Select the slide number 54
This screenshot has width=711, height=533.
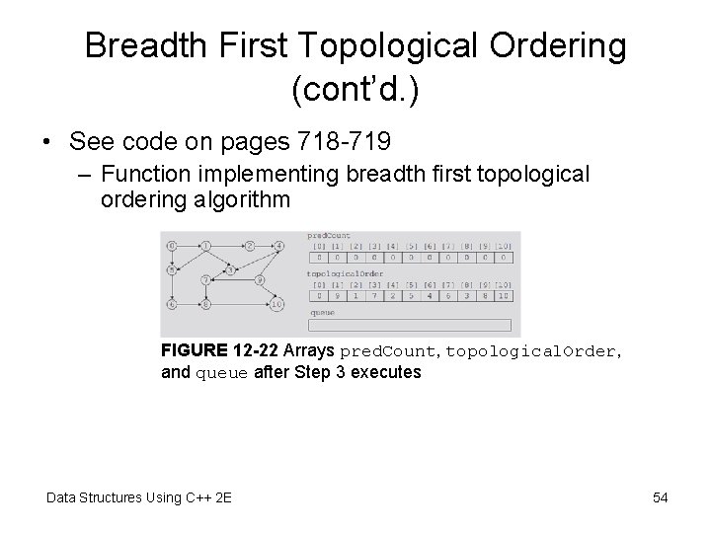pyautogui.click(x=661, y=497)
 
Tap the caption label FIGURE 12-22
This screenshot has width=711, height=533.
pyautogui.click(x=219, y=351)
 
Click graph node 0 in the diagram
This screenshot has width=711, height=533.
pyautogui.click(x=173, y=245)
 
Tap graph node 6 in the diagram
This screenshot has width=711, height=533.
pyautogui.click(x=173, y=305)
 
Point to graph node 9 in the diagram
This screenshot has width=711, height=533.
pyautogui.click(x=259, y=280)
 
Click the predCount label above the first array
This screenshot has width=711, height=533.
pyautogui.click(x=330, y=236)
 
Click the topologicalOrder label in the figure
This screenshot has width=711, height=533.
pyautogui.click(x=346, y=272)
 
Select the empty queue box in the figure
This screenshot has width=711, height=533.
pyautogui.click(x=410, y=325)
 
